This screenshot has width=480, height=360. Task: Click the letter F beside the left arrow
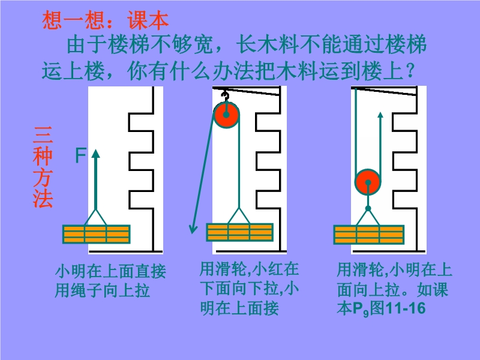80,157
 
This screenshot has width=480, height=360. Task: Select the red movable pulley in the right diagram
367,182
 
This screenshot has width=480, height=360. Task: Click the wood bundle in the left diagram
96,233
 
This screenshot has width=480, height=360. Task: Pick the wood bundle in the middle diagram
239,232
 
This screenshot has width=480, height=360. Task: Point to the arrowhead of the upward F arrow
95,153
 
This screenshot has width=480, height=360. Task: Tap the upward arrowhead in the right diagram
380,115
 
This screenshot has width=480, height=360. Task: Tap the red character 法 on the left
43,198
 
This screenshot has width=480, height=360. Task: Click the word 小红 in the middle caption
277,269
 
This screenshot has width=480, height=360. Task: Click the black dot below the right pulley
368,209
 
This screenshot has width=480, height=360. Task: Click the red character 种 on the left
43,157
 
